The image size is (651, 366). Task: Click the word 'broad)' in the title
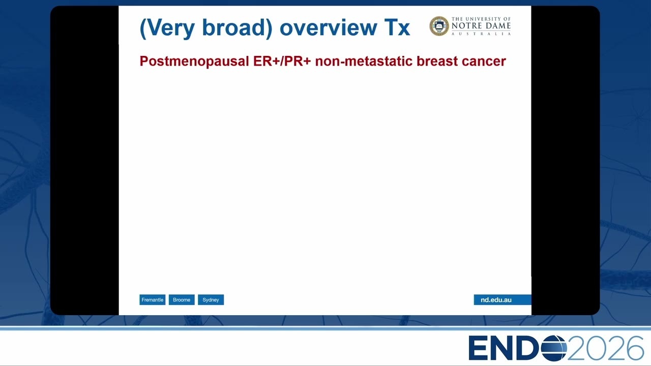tap(237, 28)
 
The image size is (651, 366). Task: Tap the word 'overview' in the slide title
tap(329, 28)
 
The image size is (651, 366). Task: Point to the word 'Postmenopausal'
tap(194, 62)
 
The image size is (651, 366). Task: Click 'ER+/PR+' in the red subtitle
tap(282, 61)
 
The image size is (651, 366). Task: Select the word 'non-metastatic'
tap(364, 61)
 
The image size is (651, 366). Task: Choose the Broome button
tap(182, 300)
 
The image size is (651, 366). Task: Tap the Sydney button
tap(211, 300)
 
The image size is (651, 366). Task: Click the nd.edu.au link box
tap(502, 300)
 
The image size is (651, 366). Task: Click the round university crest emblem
tap(439, 26)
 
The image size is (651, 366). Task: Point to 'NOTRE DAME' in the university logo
tap(481, 25)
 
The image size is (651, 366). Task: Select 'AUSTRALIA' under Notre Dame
tap(481, 34)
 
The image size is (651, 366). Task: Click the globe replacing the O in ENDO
tap(554, 348)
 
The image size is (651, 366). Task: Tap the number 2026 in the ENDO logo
tap(605, 348)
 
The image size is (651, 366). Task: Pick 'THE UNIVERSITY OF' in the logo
tap(481, 19)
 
